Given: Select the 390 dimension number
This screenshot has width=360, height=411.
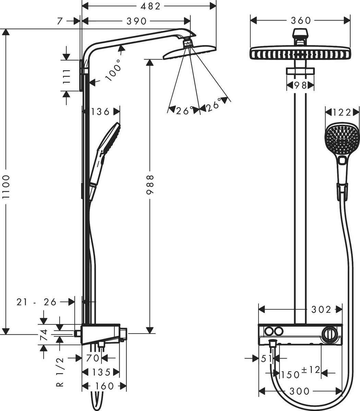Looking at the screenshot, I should coord(136,21).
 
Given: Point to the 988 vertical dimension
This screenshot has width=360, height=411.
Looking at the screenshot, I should coord(150,185).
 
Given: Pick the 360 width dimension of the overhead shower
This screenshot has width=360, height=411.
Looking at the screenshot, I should coord(300,21).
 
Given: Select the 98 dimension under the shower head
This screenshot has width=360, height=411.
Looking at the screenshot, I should coord(300,85).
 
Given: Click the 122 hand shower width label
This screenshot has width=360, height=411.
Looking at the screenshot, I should coord(342,112).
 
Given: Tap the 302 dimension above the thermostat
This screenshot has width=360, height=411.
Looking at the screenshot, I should coord(322,310).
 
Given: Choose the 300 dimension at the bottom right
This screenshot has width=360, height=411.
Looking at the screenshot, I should coord(299,391).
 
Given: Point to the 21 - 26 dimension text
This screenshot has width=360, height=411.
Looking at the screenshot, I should coord(36,302).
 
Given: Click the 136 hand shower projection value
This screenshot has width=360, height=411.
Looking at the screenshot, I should coord(101,111).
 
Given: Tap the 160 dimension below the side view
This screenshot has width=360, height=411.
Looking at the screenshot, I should coord(104,386).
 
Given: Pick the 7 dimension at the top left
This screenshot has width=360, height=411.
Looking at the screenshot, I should coord(60,21).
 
